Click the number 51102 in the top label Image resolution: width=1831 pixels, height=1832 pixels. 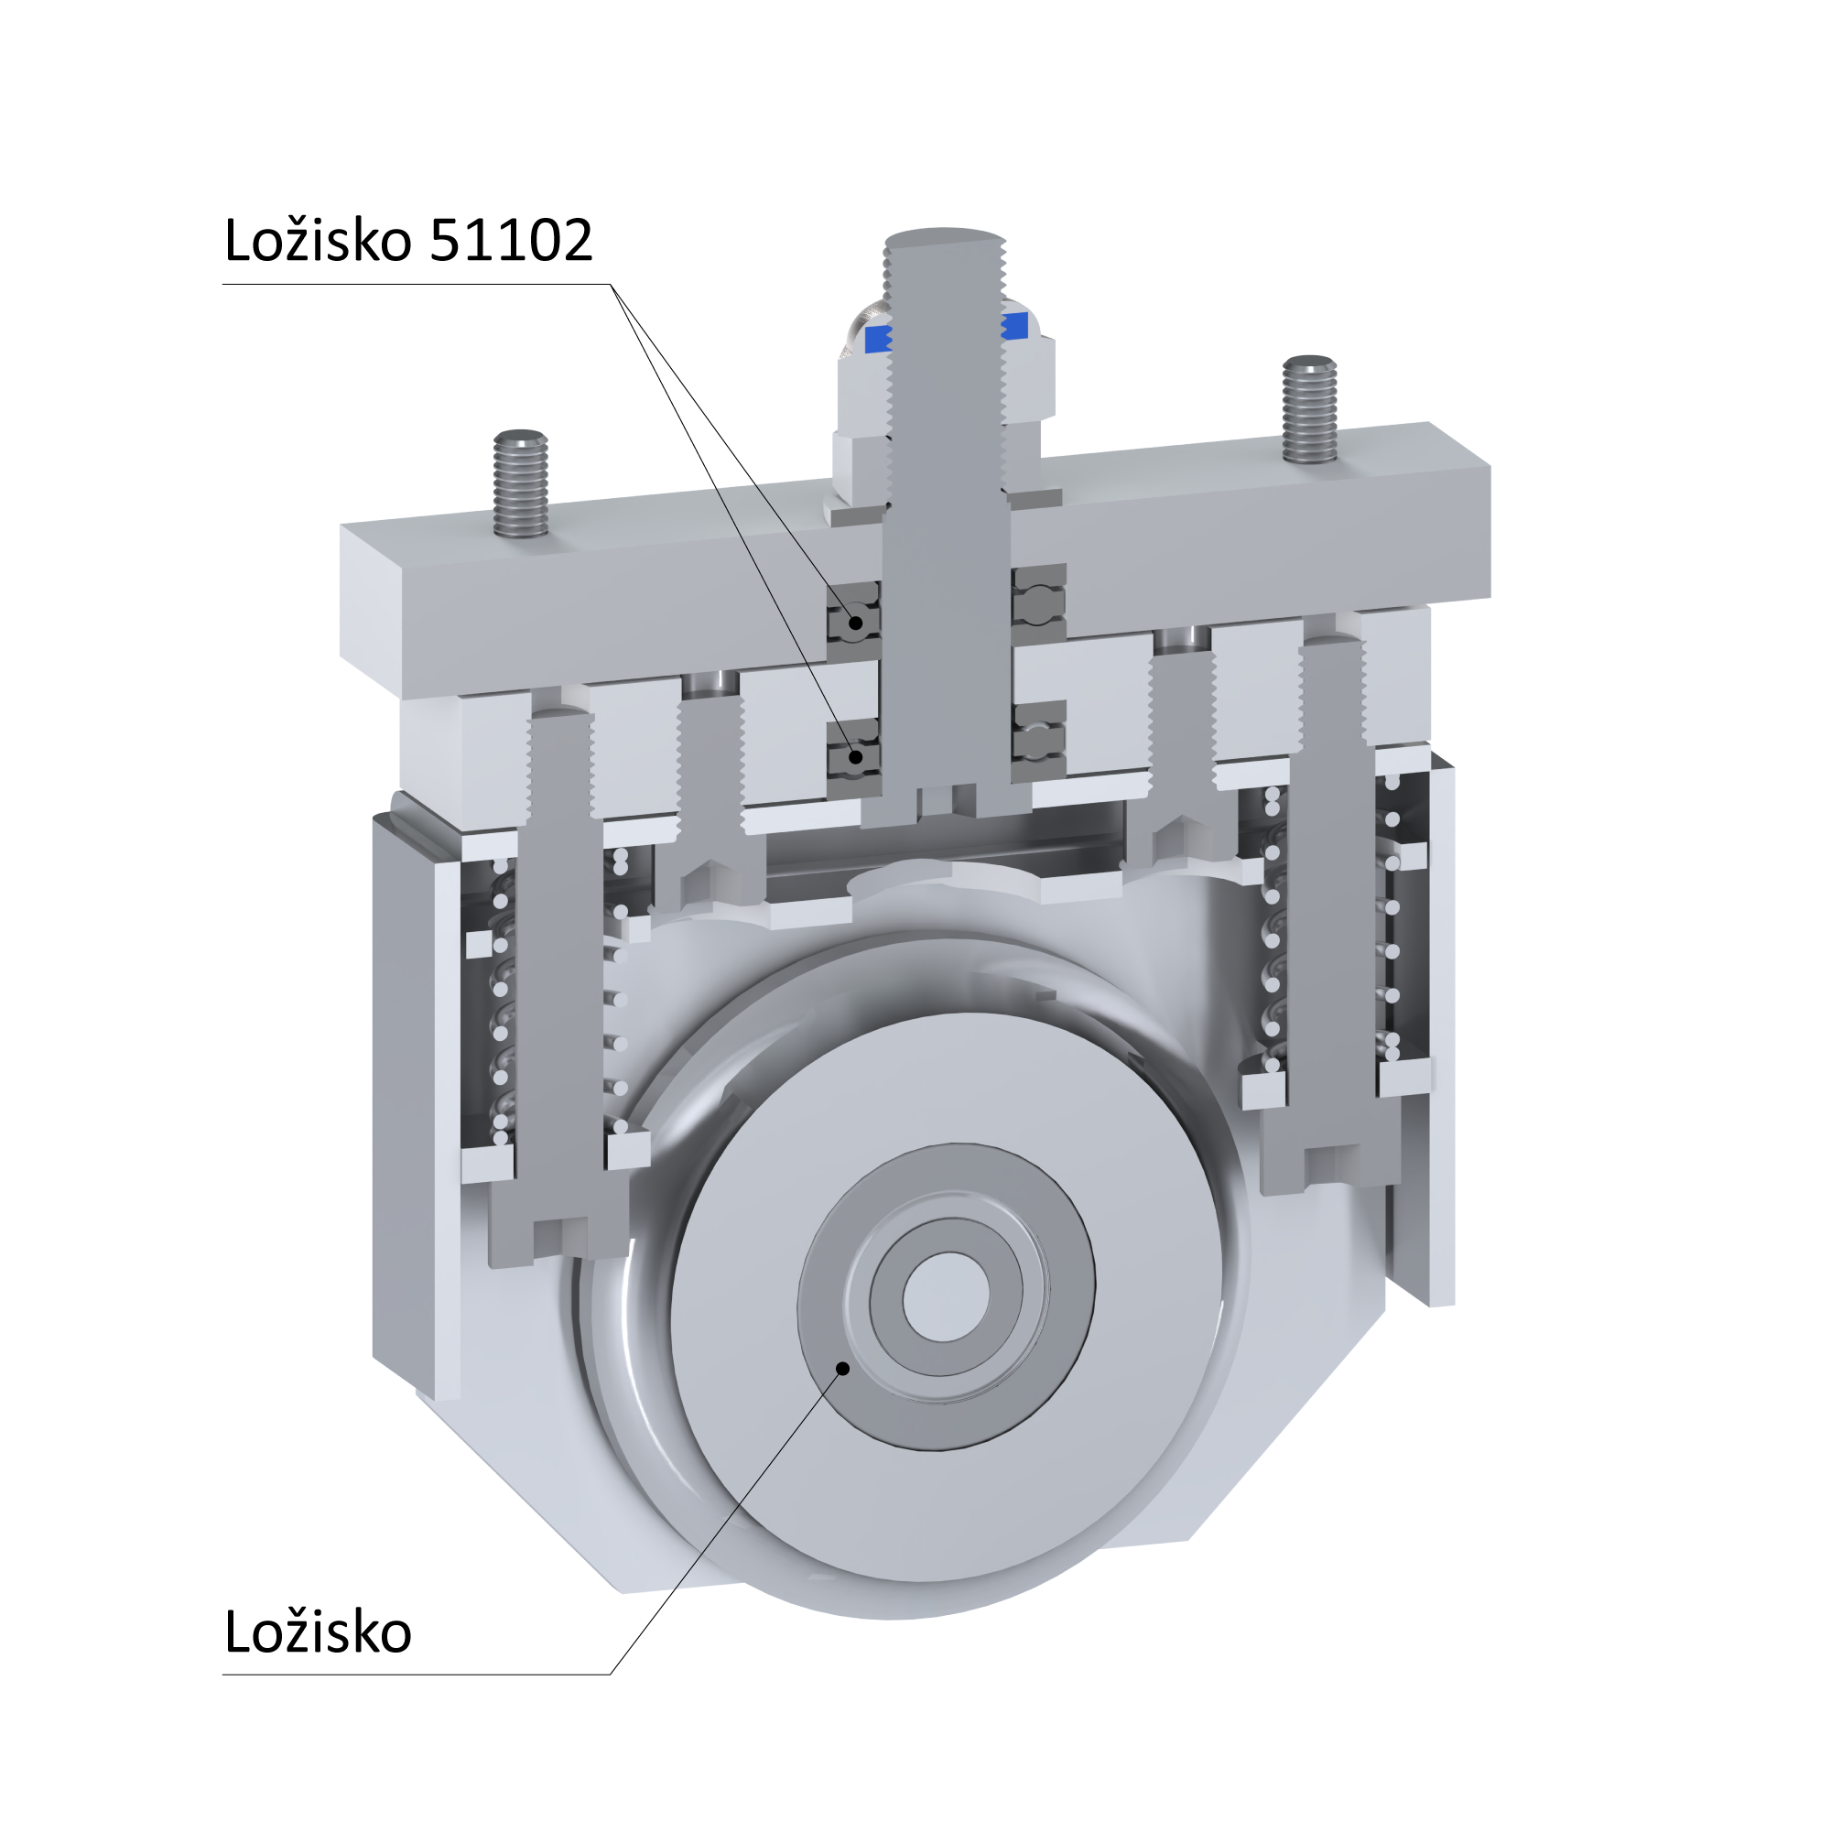[511, 240]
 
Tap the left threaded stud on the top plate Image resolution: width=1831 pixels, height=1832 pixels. [521, 482]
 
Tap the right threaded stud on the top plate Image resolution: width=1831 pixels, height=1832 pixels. [1309, 408]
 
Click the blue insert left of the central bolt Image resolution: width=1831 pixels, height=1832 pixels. [878, 338]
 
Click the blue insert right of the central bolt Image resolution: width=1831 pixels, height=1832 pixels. [1014, 326]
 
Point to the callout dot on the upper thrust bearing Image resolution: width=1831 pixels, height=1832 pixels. [856, 623]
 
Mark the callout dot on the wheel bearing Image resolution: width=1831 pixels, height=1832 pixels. [842, 1368]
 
